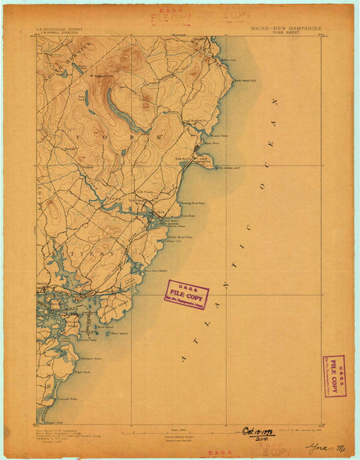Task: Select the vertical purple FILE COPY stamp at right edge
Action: pyautogui.click(x=334, y=376)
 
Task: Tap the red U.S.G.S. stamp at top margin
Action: pyautogui.click(x=170, y=14)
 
